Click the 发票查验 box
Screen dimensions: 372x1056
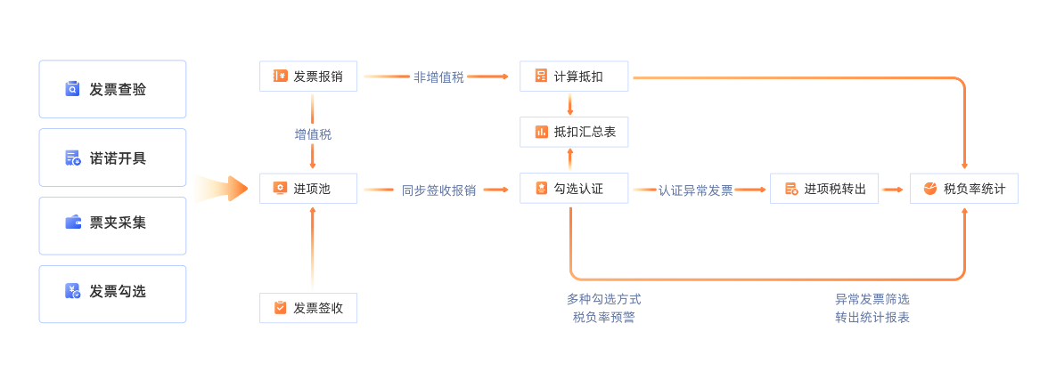point(112,89)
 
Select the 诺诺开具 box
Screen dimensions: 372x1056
point(112,158)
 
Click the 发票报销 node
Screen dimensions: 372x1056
point(308,77)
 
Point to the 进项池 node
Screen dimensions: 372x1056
point(308,189)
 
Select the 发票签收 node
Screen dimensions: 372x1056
point(308,308)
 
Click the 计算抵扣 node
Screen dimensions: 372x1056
point(574,77)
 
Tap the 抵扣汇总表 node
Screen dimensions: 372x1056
point(574,132)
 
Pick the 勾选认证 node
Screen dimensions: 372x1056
point(574,189)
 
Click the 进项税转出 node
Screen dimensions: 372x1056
point(824,189)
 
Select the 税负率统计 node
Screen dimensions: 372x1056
point(963,189)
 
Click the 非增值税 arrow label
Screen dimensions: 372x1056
point(438,77)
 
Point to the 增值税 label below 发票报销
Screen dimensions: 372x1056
point(313,134)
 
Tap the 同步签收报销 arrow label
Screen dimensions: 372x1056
point(438,190)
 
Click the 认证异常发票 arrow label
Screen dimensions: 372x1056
point(695,190)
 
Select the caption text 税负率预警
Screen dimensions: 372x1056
point(603,318)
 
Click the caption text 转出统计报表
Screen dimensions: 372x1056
point(872,318)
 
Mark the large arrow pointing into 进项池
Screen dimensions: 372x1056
point(223,189)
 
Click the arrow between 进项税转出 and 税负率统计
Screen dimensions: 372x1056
point(892,189)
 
